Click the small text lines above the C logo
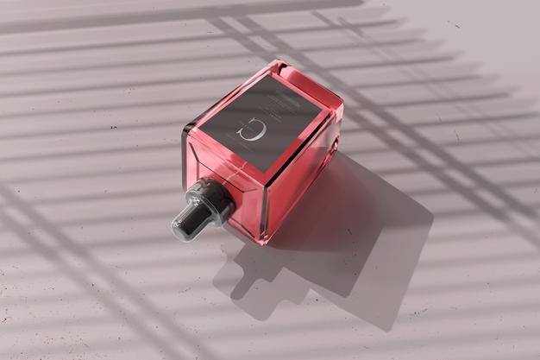tap(272, 108)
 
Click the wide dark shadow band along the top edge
tap(173, 13)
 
